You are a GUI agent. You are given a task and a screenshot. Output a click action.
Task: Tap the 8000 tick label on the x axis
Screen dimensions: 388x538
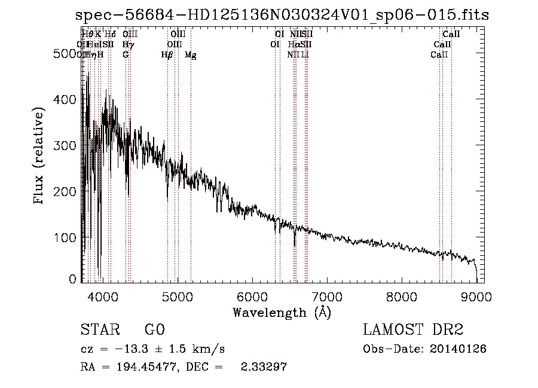tap(401, 296)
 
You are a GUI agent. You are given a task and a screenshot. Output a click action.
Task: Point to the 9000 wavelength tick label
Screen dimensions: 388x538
tap(476, 296)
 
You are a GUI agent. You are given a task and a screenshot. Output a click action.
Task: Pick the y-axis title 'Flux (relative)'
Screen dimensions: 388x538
tap(40, 156)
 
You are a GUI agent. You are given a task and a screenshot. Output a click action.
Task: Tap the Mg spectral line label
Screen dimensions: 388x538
tap(190, 55)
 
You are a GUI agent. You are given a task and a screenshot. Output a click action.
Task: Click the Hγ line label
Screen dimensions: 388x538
tap(127, 44)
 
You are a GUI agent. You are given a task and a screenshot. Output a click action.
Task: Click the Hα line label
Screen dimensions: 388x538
tap(293, 44)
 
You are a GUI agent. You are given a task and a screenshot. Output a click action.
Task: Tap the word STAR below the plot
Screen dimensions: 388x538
tap(99, 329)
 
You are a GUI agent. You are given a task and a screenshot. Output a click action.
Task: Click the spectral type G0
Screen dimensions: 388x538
tap(154, 329)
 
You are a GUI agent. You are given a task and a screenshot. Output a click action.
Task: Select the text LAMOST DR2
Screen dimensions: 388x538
tap(412, 329)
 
